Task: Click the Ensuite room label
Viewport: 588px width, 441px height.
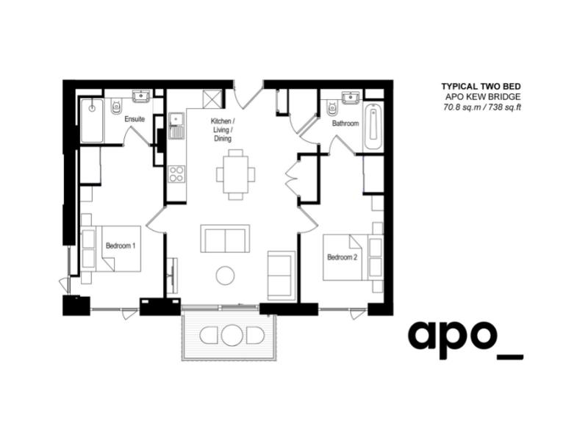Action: (135, 118)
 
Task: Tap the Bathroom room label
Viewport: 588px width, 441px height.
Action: (345, 123)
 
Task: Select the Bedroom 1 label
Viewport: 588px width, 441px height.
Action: (120, 245)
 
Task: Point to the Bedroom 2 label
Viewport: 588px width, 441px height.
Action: (342, 257)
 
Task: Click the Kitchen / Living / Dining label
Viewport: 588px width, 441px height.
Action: (222, 129)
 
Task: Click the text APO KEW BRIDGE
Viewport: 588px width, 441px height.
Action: (486, 97)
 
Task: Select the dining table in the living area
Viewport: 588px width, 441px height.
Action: (236, 174)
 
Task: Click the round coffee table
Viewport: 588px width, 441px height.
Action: (226, 276)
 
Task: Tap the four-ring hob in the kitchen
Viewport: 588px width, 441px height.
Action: (176, 174)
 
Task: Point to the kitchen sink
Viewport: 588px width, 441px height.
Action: (176, 126)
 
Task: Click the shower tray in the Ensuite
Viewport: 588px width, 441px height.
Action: (92, 119)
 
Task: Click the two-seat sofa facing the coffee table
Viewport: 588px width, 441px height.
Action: (224, 240)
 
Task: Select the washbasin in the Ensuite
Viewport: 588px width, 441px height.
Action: (141, 96)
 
